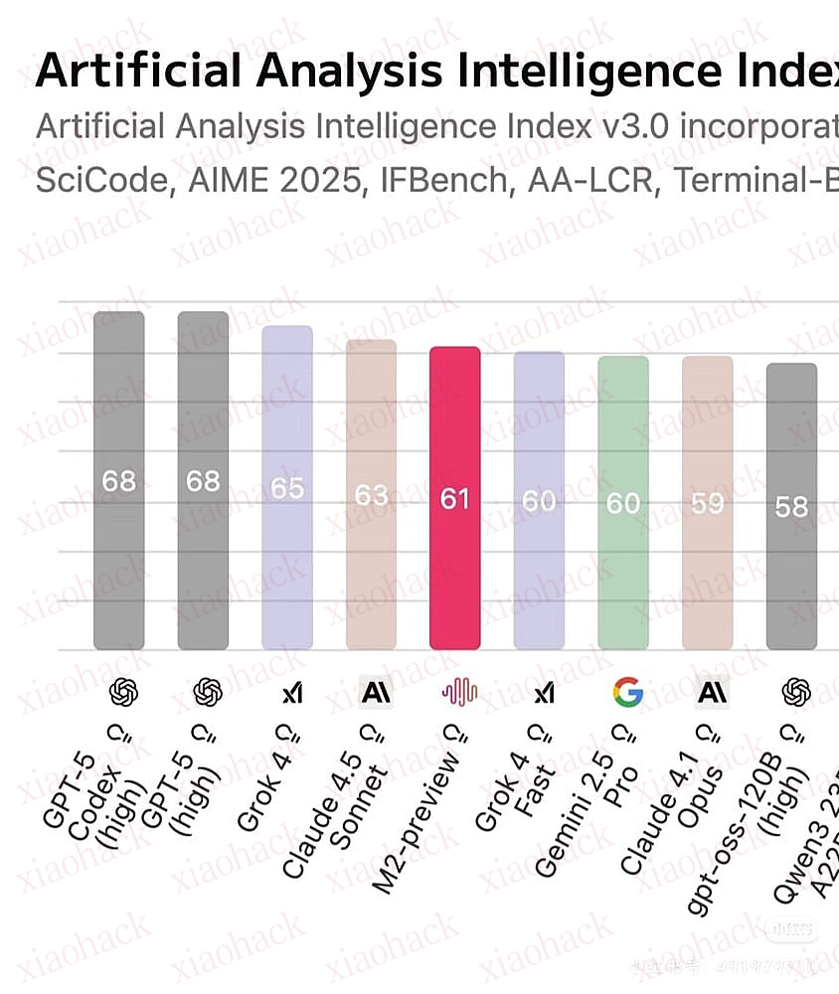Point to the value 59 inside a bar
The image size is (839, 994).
(707, 503)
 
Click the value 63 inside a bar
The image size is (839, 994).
(371, 494)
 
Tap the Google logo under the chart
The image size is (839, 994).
(627, 691)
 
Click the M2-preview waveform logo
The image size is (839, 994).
(459, 692)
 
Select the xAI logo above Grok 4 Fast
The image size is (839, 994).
(543, 692)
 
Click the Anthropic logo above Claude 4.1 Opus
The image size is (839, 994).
(711, 691)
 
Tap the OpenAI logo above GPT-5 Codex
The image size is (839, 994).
(124, 691)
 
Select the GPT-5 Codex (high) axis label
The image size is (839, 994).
(87, 800)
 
